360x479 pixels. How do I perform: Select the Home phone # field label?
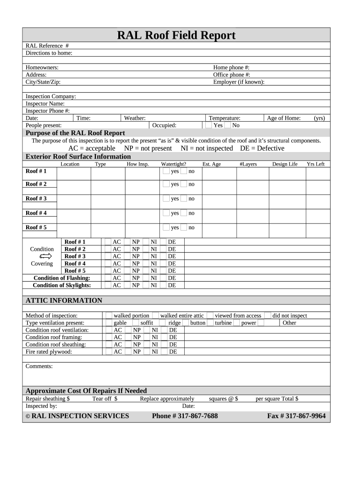[x=231, y=67]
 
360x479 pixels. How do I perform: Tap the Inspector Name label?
[x=45, y=103]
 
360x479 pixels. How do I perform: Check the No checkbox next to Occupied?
[x=227, y=125]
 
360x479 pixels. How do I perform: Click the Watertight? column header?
[x=173, y=164]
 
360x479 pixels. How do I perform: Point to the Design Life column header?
[x=285, y=164]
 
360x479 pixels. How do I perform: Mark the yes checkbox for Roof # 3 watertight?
[x=166, y=198]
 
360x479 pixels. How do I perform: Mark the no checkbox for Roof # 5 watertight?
[x=184, y=227]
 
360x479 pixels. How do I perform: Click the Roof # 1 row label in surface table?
[x=36, y=171]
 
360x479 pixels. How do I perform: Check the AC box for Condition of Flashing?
[x=108, y=278]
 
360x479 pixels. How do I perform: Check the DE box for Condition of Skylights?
[x=163, y=285]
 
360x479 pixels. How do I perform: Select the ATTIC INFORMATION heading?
[x=64, y=300]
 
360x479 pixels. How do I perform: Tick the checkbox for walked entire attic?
[x=156, y=316]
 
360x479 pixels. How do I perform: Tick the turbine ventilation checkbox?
[x=210, y=323]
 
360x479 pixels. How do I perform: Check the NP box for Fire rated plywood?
[x=128, y=352]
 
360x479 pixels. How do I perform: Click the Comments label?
[x=39, y=366]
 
